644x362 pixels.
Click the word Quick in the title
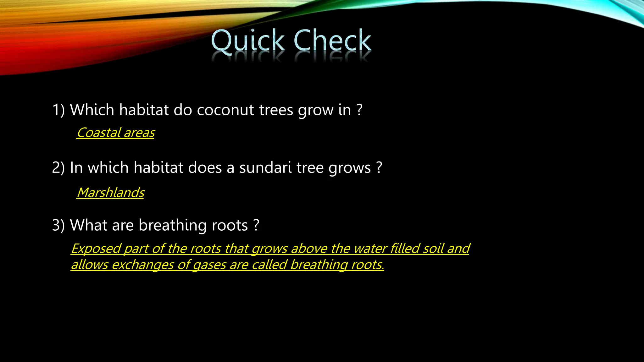248,41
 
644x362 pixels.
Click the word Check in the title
332,41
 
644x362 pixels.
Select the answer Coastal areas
116,133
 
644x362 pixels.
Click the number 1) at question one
58,110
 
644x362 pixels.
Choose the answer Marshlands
111,193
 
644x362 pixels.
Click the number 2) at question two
58,167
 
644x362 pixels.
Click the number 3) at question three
58,225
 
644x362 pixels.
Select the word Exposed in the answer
96,249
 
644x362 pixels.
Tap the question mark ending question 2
379,167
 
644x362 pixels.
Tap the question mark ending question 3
256,225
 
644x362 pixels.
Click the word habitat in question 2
158,167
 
